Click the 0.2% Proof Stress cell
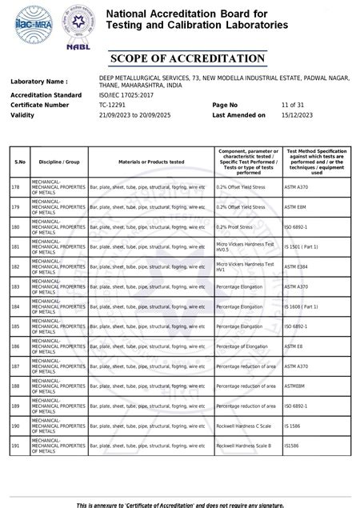[240, 226]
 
